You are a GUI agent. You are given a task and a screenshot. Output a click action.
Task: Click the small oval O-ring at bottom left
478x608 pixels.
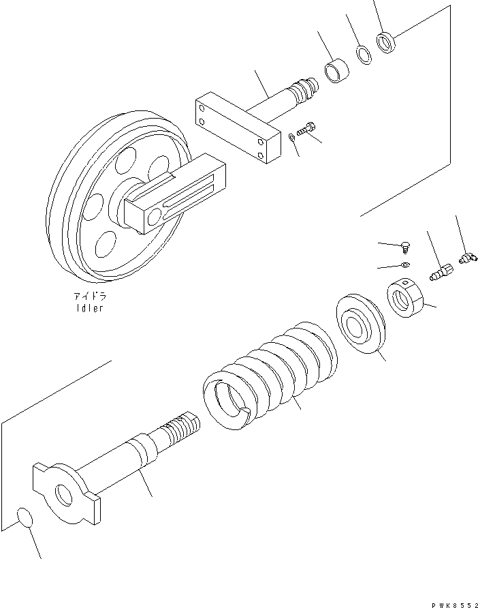coord(25,518)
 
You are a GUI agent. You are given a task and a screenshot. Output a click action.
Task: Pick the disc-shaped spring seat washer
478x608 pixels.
coord(360,324)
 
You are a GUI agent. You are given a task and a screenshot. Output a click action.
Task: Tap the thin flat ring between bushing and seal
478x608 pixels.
coord(364,55)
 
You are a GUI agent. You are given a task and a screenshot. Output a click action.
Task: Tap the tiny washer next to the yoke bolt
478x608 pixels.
coord(291,138)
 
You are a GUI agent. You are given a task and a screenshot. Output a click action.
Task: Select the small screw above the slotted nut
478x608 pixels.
coord(405,246)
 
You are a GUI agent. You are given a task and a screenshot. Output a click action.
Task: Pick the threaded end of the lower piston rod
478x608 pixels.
coord(182,431)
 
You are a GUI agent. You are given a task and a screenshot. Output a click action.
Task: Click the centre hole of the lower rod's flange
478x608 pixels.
coord(64,496)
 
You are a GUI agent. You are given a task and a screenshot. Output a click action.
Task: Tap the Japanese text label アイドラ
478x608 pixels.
coord(91,297)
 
